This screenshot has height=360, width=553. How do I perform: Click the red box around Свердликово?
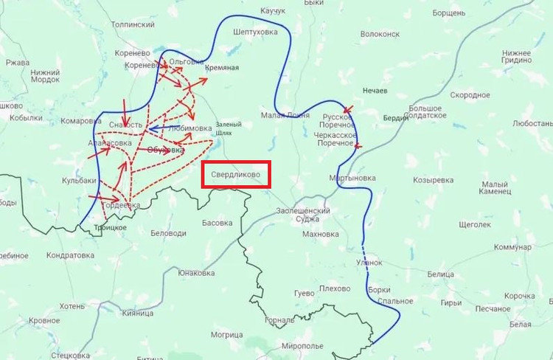[236, 175]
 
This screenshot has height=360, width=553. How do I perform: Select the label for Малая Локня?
[285, 114]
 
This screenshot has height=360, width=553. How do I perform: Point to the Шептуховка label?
[255, 32]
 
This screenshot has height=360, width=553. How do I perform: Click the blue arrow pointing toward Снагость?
[158, 129]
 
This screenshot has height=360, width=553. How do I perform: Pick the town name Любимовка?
[189, 127]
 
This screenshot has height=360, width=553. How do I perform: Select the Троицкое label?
[110, 228]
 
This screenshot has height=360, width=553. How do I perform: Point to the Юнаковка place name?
[196, 273]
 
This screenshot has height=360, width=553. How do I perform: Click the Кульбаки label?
[79, 180]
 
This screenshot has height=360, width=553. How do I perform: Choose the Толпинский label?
[132, 24]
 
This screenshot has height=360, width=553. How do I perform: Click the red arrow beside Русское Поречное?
[347, 111]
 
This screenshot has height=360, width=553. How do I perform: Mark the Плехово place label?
[335, 288]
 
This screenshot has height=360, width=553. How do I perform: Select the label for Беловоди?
[168, 233]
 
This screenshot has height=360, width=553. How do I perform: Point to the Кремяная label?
[222, 68]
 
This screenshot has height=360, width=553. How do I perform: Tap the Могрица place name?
[226, 334]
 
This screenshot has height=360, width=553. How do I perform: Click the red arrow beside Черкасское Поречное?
[359, 146]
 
